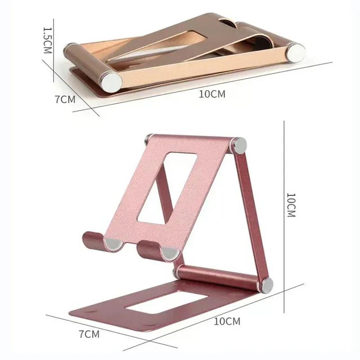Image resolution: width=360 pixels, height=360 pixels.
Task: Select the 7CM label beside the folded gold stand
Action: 65,99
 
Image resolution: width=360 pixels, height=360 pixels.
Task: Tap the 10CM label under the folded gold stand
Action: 211,94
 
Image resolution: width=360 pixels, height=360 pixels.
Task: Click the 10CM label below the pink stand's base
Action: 227,321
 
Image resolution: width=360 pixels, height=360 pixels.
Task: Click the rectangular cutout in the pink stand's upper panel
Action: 167,187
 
